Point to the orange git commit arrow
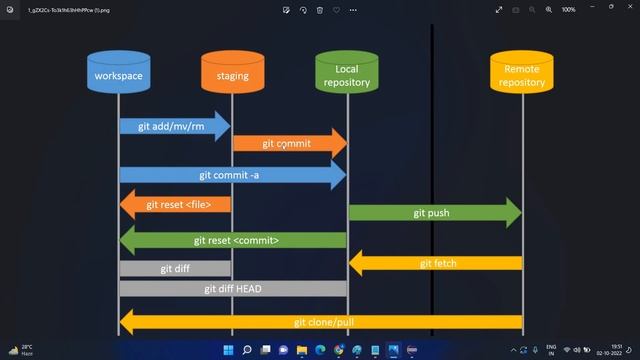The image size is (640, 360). click(289, 143)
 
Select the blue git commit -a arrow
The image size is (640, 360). click(232, 174)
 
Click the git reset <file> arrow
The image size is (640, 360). click(176, 204)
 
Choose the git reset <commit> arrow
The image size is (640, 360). click(233, 240)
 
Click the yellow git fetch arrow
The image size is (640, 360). click(436, 263)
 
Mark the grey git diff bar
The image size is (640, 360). click(175, 268)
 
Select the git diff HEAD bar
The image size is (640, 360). click(232, 288)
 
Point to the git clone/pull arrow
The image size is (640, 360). click(320, 322)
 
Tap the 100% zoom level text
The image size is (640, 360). click(568, 9)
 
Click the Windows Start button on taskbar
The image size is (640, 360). click(228, 350)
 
